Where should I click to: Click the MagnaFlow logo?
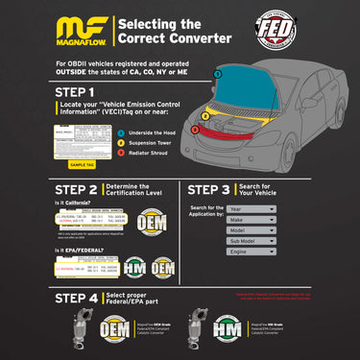[81, 30]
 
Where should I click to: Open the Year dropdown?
[252, 207]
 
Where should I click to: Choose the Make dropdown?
[252, 220]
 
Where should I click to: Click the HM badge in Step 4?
[237, 330]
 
